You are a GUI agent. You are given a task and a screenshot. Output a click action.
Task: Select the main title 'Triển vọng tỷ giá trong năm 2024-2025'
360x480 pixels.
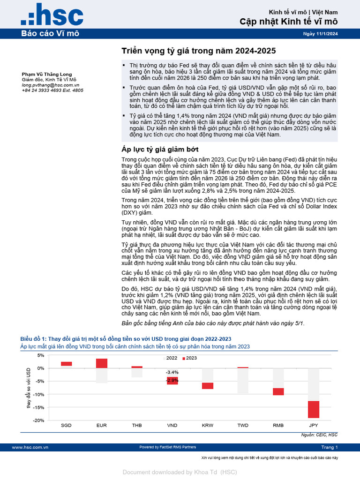click(199, 51)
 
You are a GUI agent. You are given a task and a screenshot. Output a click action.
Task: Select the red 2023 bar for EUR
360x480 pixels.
click(102, 363)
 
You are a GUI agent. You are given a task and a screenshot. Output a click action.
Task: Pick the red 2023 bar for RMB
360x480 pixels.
click(278, 392)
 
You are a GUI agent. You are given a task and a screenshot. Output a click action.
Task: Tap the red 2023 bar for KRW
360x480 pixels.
click(208, 386)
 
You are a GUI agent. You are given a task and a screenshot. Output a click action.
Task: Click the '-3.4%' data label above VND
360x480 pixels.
click(172, 372)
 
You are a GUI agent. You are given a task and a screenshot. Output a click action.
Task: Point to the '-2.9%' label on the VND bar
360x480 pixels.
click(172, 380)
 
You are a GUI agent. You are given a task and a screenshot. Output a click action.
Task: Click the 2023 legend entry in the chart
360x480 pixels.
click(189, 358)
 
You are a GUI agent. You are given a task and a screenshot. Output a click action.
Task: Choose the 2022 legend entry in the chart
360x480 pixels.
click(170, 358)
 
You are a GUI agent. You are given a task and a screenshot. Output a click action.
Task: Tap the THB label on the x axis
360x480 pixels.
click(137, 425)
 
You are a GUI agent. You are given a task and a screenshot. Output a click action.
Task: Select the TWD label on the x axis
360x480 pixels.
click(243, 425)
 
